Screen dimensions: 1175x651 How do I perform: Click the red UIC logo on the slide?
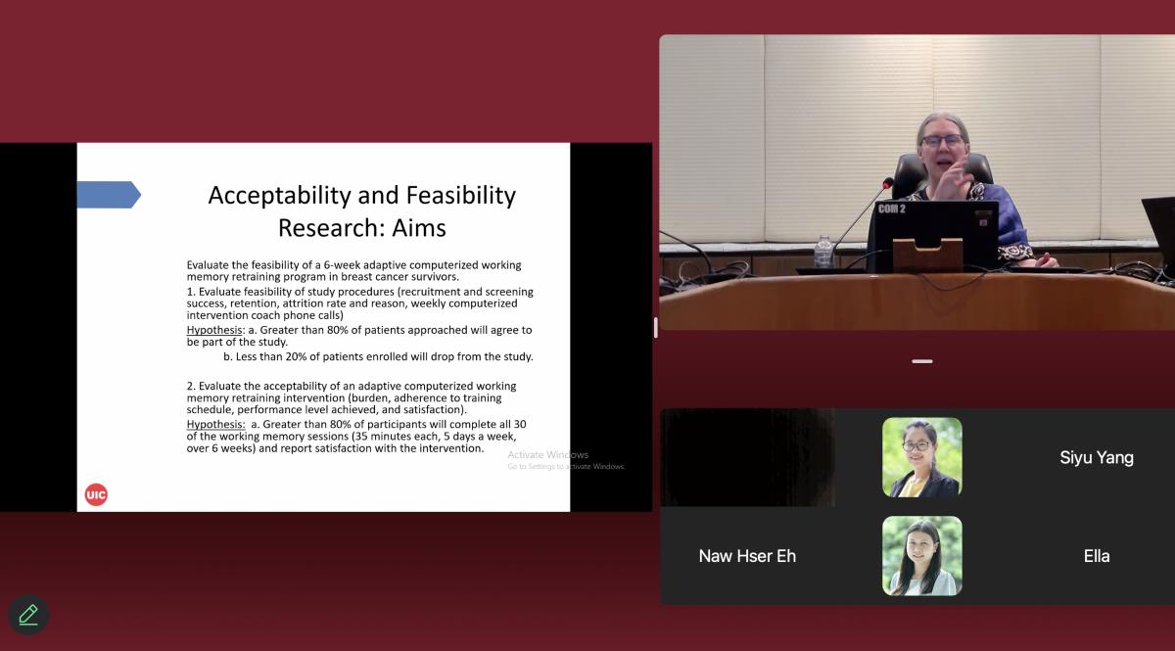[96, 494]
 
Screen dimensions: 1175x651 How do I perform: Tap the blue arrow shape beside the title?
[109, 195]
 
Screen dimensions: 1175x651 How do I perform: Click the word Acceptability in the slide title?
[280, 196]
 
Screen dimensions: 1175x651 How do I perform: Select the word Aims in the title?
[419, 228]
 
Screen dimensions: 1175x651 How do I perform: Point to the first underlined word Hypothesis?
[214, 330]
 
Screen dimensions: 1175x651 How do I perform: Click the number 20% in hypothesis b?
[297, 356]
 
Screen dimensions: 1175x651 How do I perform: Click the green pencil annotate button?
[28, 614]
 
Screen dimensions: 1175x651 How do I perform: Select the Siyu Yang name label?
[1097, 457]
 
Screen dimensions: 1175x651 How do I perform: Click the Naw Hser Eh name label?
[747, 556]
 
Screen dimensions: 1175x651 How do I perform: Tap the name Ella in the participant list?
[1097, 556]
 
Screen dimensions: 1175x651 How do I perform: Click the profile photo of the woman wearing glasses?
[921, 457]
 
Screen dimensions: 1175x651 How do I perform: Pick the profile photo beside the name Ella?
[921, 555]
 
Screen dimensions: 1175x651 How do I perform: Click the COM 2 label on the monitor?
[892, 209]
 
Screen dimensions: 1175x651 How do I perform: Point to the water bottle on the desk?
[823, 251]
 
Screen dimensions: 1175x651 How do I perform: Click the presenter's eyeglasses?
[943, 140]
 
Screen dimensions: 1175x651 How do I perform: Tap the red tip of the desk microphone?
[887, 183]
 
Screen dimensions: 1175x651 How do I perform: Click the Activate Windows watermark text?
[547, 455]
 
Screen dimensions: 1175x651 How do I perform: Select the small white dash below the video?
[921, 361]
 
